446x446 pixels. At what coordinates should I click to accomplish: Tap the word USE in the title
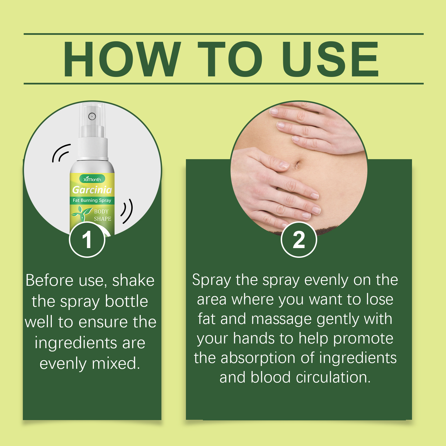[x=331, y=59]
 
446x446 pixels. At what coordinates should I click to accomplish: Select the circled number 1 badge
[x=87, y=239]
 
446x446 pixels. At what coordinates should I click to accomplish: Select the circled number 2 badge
[x=299, y=239]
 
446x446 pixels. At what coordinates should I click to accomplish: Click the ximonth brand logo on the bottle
[x=92, y=179]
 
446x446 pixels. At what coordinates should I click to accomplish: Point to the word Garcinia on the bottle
[x=92, y=190]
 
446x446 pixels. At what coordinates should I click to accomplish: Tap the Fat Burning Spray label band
[x=92, y=200]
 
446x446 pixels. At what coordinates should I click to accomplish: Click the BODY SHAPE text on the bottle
[x=102, y=215]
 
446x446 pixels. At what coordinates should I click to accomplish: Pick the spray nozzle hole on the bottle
[x=92, y=116]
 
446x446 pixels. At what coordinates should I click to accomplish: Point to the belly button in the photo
[x=297, y=165]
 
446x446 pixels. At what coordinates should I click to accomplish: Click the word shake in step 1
[x=133, y=280]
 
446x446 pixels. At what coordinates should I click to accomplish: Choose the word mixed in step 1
[x=116, y=363]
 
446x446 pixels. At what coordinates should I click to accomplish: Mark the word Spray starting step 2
[x=211, y=280]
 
